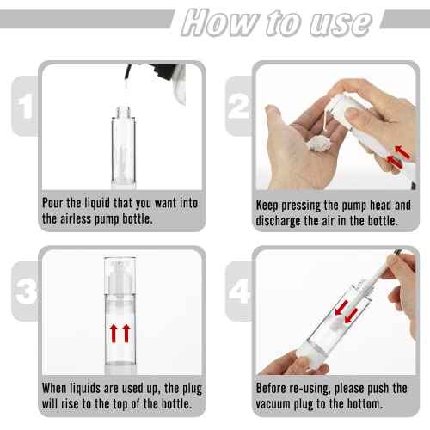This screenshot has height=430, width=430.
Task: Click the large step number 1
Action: [26, 106]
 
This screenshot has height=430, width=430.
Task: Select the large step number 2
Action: [239, 106]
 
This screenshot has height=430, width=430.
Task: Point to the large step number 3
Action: [26, 291]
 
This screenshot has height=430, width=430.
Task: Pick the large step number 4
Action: [239, 291]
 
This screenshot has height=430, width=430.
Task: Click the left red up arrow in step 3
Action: [114, 331]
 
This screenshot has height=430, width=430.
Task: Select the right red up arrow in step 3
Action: [128, 331]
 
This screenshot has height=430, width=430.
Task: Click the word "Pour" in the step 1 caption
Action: [56, 205]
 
